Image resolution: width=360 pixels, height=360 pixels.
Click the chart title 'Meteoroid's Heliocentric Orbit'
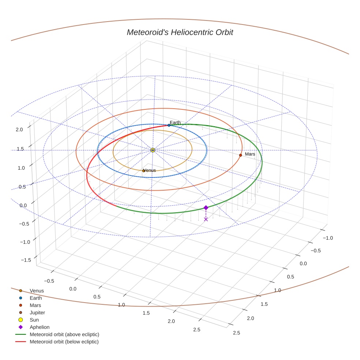point(180,33)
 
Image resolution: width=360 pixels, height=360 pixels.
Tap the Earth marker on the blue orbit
point(169,125)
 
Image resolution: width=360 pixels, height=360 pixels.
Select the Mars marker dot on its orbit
point(240,155)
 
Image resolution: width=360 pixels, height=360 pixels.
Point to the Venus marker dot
point(143,171)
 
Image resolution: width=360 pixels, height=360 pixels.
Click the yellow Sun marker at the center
point(153,150)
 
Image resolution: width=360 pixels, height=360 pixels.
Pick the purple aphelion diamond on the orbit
point(206,207)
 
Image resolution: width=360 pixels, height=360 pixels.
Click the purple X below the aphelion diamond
point(206,219)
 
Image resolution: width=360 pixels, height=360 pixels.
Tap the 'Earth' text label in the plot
point(175,123)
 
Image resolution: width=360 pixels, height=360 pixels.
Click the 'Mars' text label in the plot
point(250,154)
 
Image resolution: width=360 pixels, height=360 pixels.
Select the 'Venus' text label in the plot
point(150,170)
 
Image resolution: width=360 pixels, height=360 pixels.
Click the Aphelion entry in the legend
point(40,327)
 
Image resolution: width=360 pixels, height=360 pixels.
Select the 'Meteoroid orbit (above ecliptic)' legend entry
point(64,334)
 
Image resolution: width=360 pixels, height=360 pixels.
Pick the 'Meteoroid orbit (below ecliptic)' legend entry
point(64,342)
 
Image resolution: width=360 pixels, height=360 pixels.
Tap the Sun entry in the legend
point(34,320)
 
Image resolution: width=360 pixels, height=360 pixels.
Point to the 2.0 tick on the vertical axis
point(19,129)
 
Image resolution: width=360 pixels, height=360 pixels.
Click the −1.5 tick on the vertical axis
point(26,260)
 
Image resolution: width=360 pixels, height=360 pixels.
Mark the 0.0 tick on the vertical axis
point(23,205)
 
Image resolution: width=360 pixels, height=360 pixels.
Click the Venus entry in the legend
point(37,290)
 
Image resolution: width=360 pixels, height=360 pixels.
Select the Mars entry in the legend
point(35,305)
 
